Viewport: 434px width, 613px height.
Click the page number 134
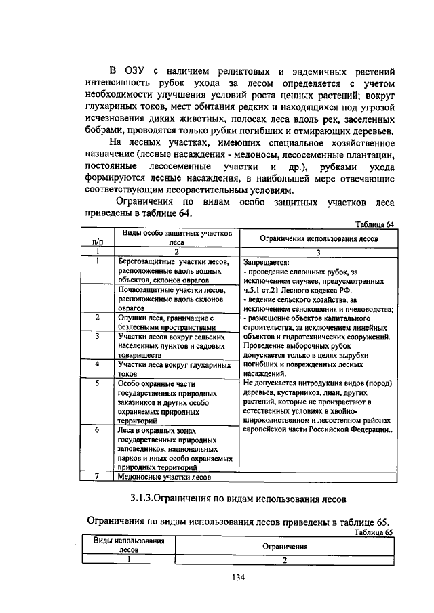click(237, 578)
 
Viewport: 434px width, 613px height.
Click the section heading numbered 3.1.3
click(238, 499)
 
